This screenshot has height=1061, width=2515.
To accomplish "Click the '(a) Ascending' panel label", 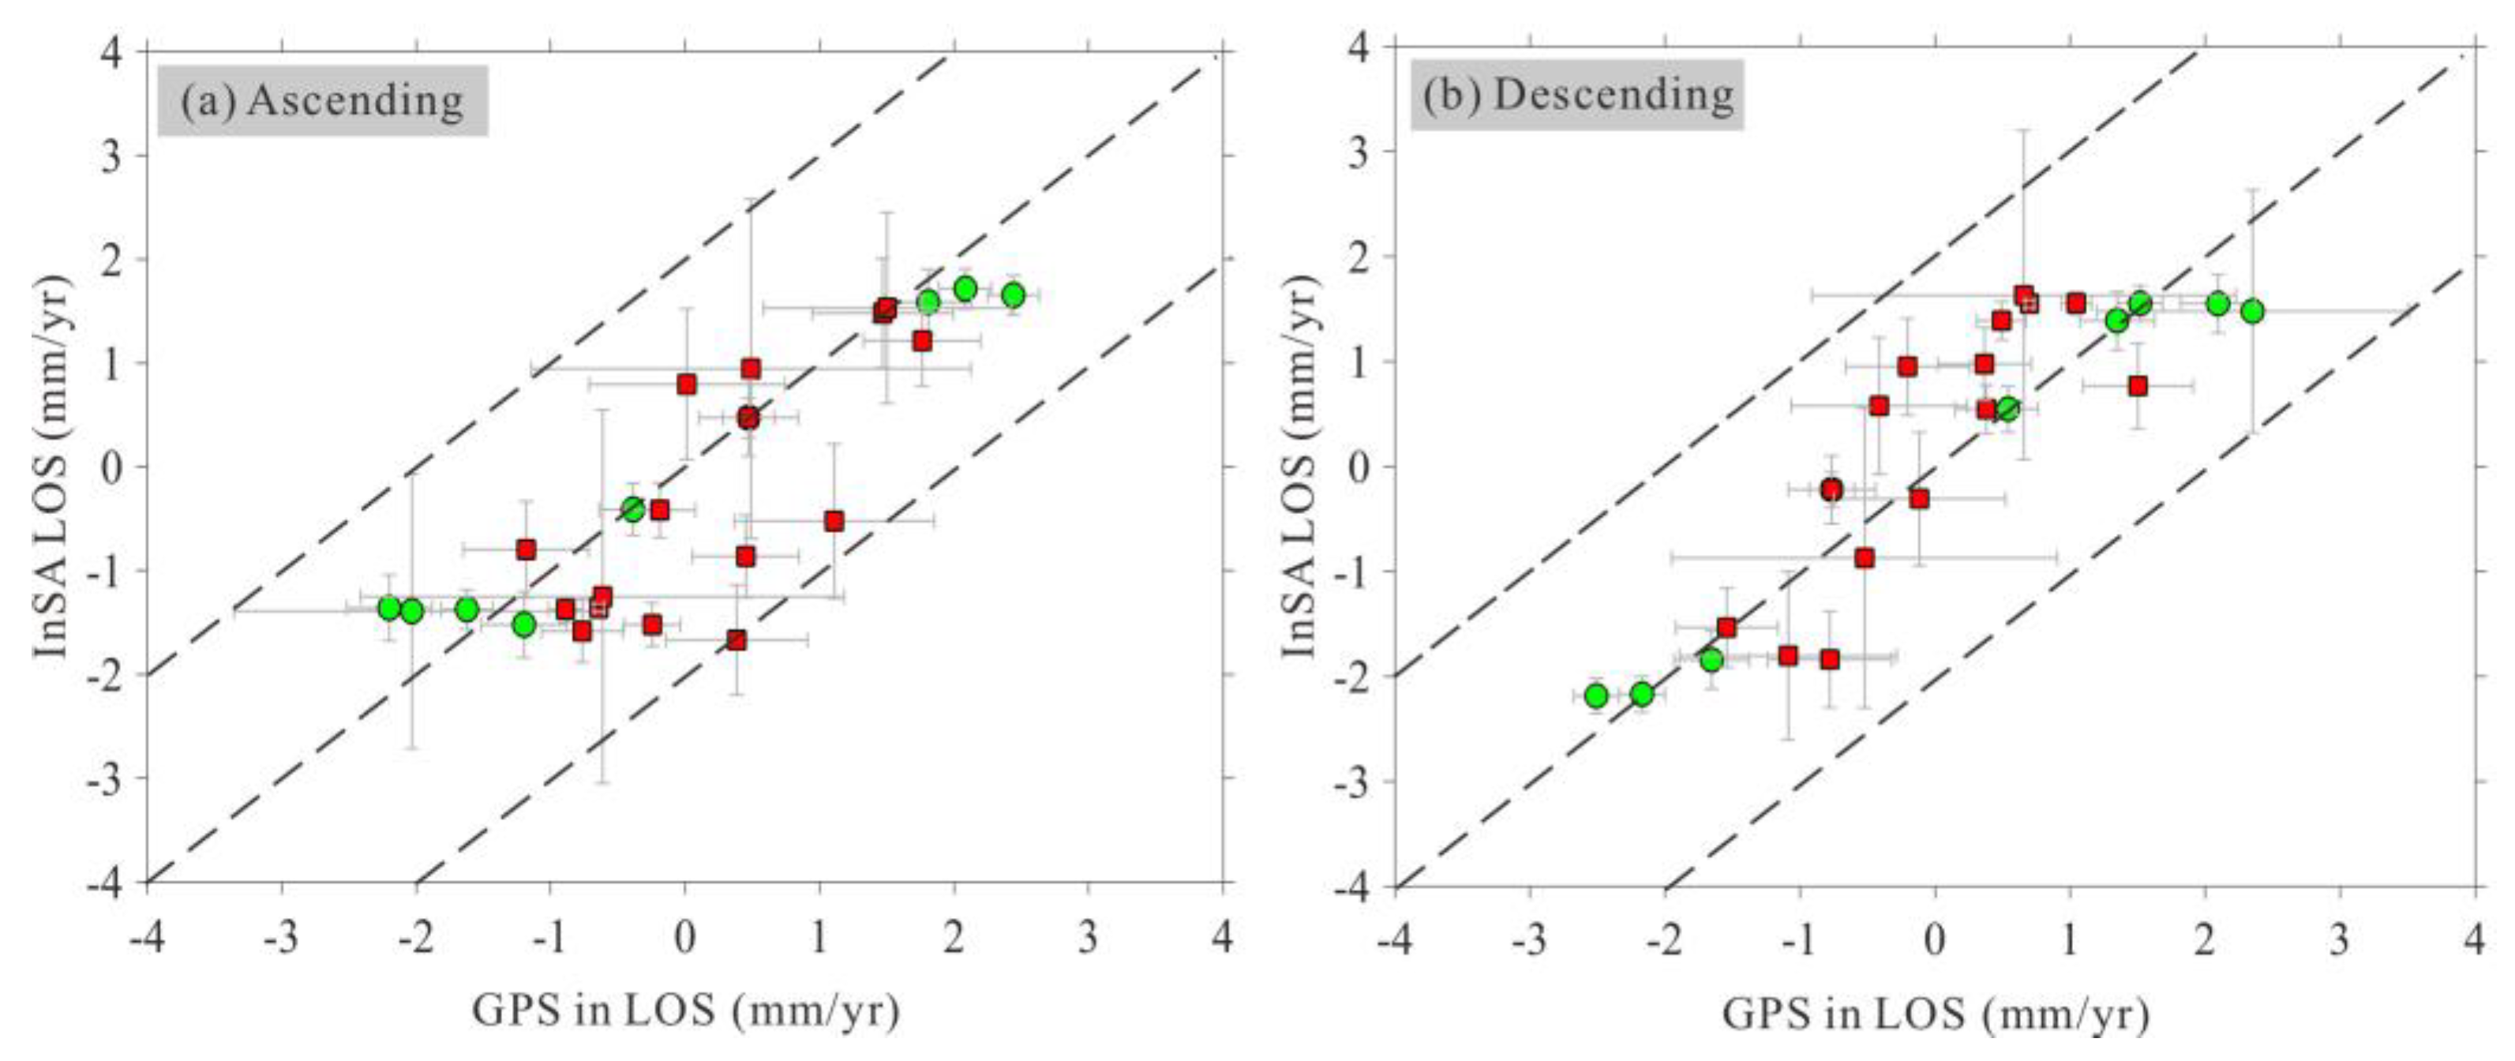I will (x=322, y=100).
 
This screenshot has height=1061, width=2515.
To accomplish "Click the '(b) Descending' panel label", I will (x=1576, y=95).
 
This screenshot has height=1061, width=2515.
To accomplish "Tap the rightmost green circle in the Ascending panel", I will (x=1014, y=294).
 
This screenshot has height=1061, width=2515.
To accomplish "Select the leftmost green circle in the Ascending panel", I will (x=389, y=608).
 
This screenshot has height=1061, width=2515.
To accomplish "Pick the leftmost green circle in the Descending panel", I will (x=1596, y=696).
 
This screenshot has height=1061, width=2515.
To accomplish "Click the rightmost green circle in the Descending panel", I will (x=2252, y=311).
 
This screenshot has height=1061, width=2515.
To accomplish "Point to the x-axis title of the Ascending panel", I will (x=685, y=1011).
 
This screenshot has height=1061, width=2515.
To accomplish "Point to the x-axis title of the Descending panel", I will (x=1935, y=1014).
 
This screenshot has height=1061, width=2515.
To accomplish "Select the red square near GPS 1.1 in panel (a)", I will (x=834, y=521).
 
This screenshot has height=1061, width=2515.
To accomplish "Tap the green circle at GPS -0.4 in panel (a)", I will (x=634, y=508).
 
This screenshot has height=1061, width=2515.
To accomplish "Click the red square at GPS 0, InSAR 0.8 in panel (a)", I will (x=686, y=384).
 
